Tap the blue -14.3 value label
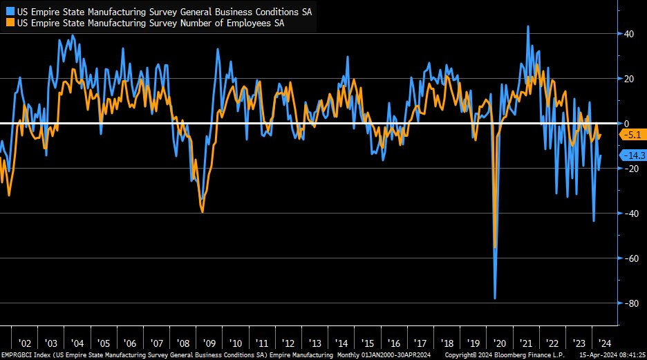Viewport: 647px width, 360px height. [x=632, y=155]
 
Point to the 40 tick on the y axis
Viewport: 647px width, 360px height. [x=629, y=33]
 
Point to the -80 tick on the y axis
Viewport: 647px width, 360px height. [x=630, y=303]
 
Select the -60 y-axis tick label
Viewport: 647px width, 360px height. [x=630, y=258]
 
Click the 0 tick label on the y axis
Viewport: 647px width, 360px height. [x=626, y=123]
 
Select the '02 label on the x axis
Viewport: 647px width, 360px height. [x=24, y=343]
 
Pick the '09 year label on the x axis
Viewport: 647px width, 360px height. [x=209, y=343]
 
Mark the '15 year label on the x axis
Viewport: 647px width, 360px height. [x=367, y=343]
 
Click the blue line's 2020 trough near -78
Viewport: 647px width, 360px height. [x=496, y=299]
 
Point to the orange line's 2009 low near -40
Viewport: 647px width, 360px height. [x=202, y=212]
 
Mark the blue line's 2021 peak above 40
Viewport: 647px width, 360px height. [x=528, y=26]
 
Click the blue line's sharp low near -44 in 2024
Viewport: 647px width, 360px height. [x=594, y=221]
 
